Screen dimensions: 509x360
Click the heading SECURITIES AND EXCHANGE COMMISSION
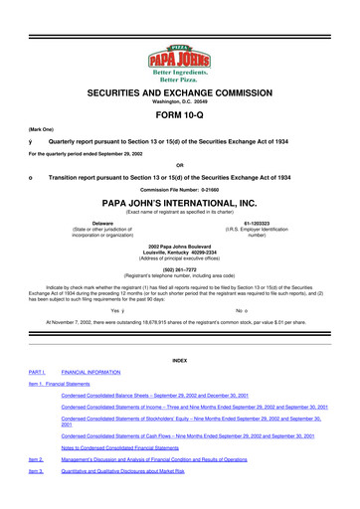pyautogui.click(x=179, y=90)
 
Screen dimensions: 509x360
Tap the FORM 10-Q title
pyautogui.click(x=179, y=124)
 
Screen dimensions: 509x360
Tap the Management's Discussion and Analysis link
pyautogui.click(x=179, y=489)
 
